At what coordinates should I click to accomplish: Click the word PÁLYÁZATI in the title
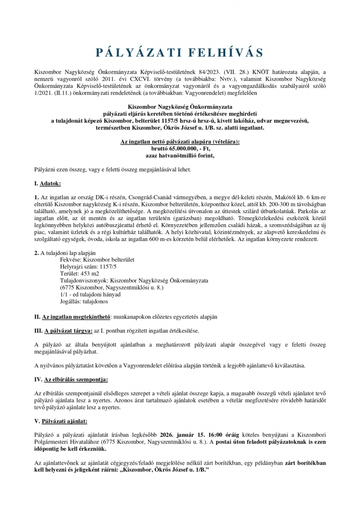pyautogui.click(x=132, y=53)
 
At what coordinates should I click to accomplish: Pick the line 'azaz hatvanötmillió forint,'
pyautogui.click(x=180, y=155)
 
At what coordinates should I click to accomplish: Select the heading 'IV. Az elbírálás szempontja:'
pyautogui.click(x=71, y=380)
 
